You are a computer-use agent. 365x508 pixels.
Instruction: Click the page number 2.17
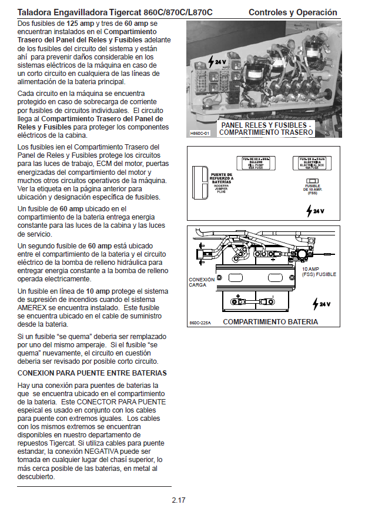tap(179, 500)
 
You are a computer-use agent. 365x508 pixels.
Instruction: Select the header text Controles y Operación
tap(293, 12)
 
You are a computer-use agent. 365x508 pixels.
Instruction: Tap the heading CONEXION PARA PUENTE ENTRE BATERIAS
tap(92, 373)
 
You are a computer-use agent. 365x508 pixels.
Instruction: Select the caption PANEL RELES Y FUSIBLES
tap(266, 125)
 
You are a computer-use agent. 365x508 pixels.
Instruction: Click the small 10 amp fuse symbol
tap(311, 182)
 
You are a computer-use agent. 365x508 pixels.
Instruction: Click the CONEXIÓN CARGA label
tap(197, 282)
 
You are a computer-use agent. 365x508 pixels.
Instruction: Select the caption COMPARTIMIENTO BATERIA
tap(270, 322)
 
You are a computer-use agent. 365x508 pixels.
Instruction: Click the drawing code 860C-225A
tap(200, 323)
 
